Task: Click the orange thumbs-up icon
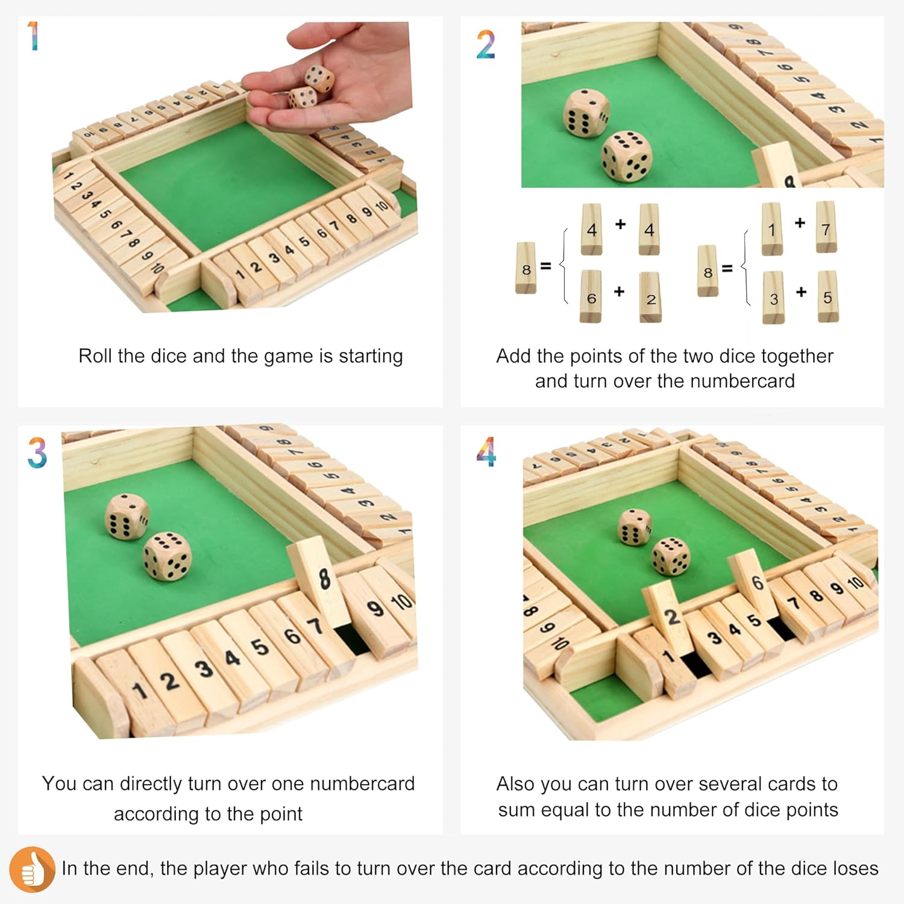(32, 869)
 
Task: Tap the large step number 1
(34, 36)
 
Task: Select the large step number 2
(486, 45)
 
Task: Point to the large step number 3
(37, 453)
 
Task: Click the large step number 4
(486, 452)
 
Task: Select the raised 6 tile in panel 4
(753, 582)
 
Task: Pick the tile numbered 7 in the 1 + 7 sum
(826, 227)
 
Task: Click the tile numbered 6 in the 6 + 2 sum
(591, 297)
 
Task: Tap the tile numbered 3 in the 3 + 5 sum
(774, 297)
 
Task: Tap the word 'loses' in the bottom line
(856, 868)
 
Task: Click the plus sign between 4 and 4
(620, 224)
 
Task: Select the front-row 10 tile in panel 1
(382, 206)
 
